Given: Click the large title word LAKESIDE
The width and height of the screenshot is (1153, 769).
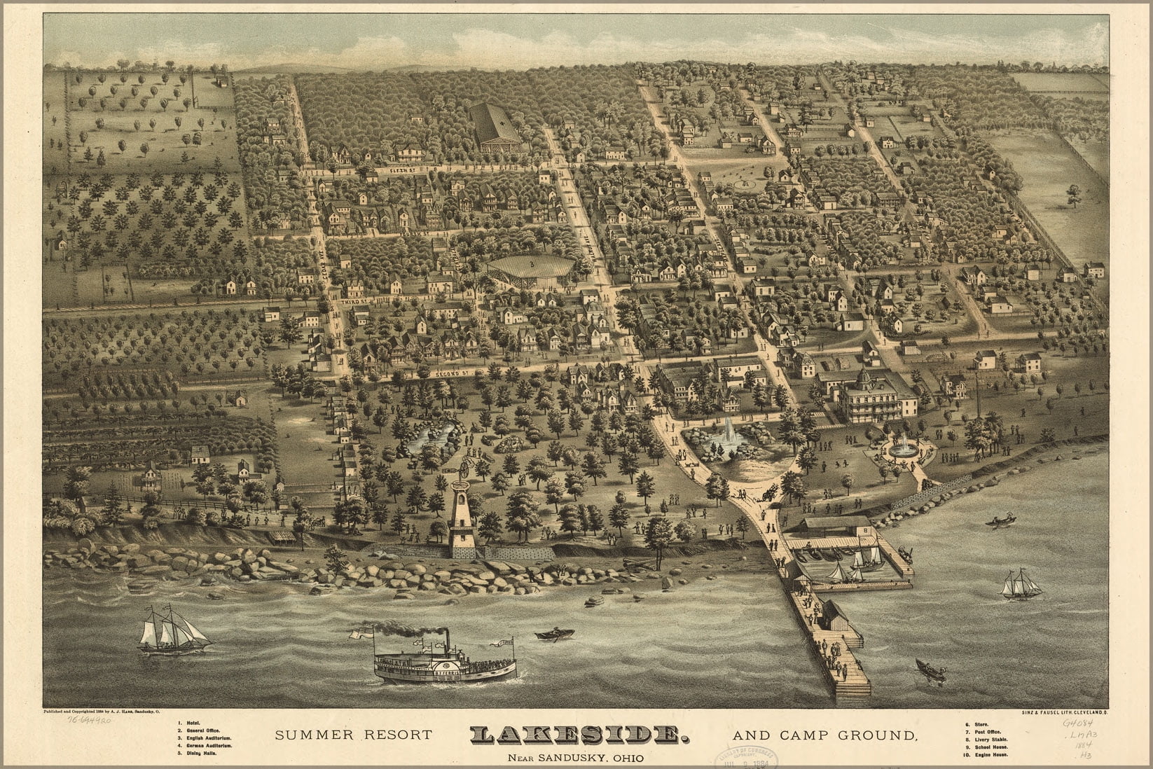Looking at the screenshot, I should tap(576, 735).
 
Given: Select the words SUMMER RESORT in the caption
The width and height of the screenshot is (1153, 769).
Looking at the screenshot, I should tap(353, 735).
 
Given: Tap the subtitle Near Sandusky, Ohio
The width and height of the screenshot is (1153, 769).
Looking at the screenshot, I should tap(575, 756).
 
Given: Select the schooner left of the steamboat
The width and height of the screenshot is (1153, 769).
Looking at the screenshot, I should tap(172, 635).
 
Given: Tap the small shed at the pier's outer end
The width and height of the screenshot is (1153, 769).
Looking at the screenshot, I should tap(834, 616).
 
